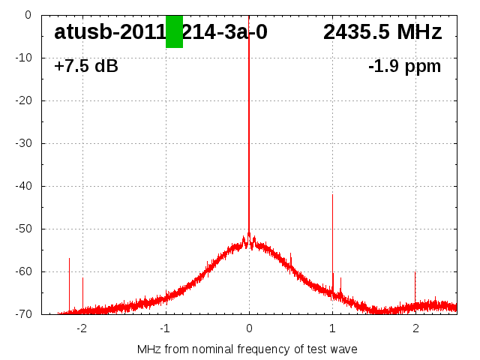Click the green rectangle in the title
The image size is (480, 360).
pos(174,31)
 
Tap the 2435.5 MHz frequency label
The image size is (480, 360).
pos(382,32)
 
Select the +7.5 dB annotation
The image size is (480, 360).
pos(86,66)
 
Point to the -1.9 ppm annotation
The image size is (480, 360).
pos(404,66)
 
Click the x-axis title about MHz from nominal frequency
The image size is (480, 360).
pos(247,349)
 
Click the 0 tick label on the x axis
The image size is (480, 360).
pos(249,328)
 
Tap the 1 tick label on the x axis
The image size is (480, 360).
pos(332,328)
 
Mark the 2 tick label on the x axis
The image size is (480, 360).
pos(415,328)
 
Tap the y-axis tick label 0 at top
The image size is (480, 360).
pos(27,15)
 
